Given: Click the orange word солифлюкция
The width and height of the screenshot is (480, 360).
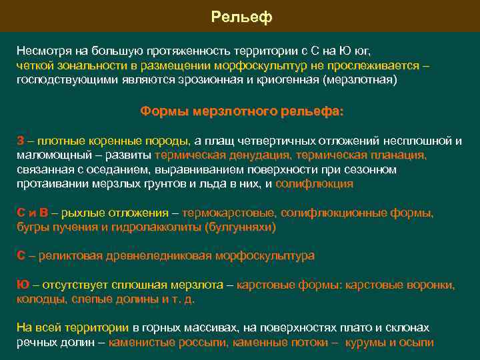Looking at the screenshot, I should (314, 183).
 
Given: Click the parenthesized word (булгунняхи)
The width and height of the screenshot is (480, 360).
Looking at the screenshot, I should (239, 227).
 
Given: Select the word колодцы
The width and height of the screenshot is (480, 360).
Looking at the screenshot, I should (39, 299).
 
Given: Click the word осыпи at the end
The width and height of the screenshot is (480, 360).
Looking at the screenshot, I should (418, 343).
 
